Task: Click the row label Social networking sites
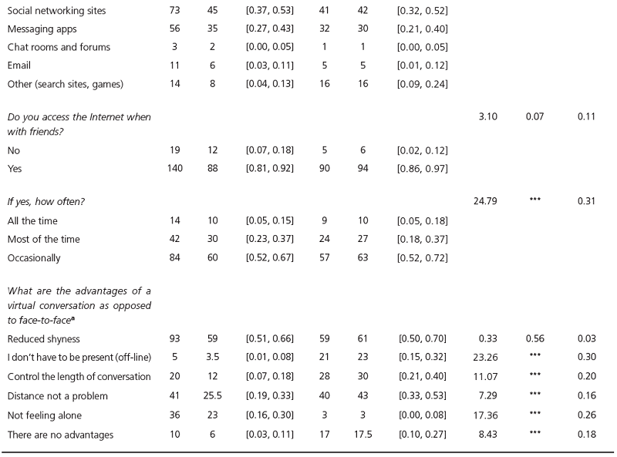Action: [57, 12]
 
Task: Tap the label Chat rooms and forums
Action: [59, 47]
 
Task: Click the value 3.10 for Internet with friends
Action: [487, 116]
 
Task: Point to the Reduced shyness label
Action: [45, 339]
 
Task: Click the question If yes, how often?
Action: [46, 200]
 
